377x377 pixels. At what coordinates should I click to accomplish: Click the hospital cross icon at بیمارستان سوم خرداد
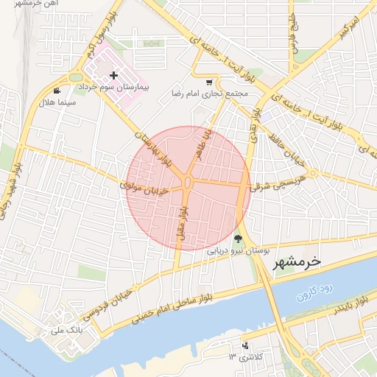click(x=113, y=76)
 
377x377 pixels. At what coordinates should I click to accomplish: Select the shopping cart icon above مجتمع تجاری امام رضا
click(x=210, y=82)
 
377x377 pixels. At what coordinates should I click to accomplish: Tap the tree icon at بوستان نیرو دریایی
click(x=238, y=239)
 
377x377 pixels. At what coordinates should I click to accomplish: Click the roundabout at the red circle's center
click(x=188, y=183)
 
